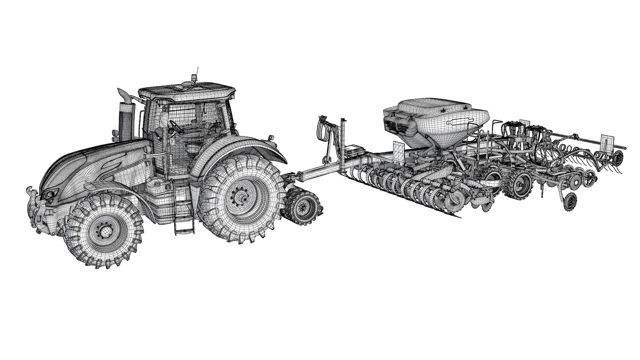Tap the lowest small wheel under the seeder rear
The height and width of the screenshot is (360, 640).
[x=570, y=201]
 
